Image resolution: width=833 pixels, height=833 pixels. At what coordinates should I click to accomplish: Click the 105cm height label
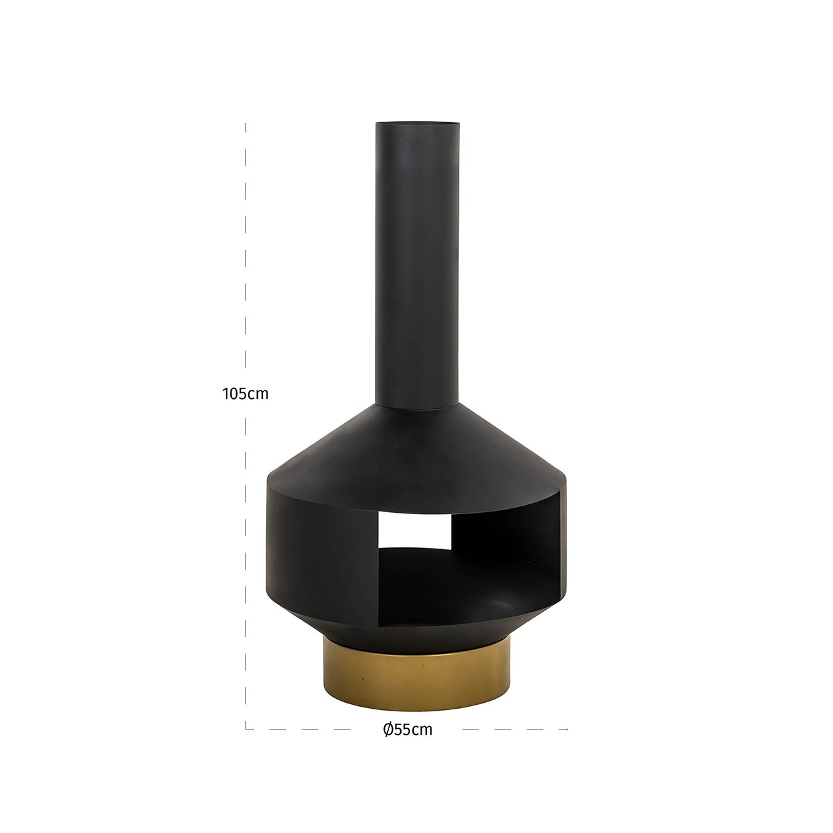[245, 394]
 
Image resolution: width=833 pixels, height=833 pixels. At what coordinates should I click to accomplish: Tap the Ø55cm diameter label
[408, 730]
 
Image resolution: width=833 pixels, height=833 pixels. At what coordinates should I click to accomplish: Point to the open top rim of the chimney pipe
[417, 124]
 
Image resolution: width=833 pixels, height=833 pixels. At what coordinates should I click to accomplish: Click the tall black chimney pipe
[417, 260]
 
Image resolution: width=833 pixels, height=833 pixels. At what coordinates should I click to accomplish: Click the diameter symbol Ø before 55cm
[388, 730]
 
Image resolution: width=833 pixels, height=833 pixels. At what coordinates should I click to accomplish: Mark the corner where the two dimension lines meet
[246, 728]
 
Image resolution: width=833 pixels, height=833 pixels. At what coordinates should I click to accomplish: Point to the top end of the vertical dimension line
[245, 124]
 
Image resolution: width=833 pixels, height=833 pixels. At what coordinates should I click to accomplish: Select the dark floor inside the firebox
[456, 573]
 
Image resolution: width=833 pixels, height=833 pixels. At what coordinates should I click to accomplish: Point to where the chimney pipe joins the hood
[417, 407]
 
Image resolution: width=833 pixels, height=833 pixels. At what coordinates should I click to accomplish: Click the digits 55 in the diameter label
[403, 730]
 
